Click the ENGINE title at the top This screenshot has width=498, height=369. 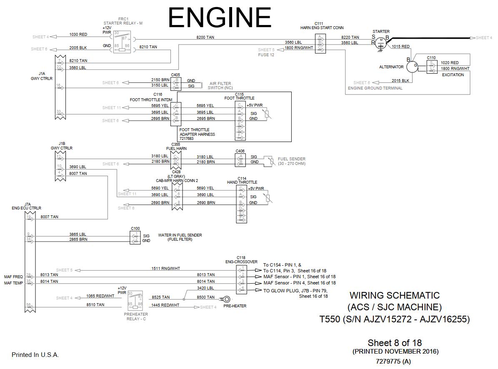(x=220, y=17)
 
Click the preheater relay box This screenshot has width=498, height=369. (x=135, y=300)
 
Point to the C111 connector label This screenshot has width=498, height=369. (x=319, y=23)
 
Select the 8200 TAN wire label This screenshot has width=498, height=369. (x=205, y=37)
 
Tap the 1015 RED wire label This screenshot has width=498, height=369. (x=400, y=47)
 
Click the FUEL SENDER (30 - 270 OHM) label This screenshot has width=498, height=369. (x=291, y=161)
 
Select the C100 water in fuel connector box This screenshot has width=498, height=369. (x=135, y=237)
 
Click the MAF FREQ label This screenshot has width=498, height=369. (x=13, y=277)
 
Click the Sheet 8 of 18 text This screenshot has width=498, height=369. (x=394, y=343)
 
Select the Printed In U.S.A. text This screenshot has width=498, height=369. (x=35, y=355)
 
